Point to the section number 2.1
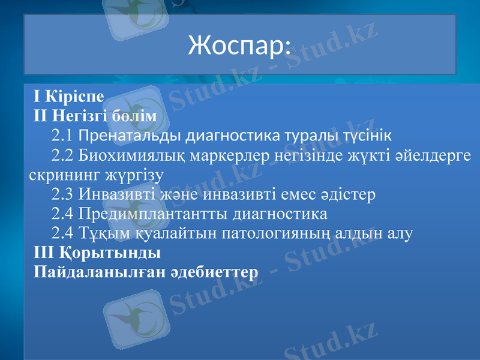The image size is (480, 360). [x=62, y=134]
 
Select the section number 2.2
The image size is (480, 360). [x=62, y=155]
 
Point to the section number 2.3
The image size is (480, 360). [x=62, y=194]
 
